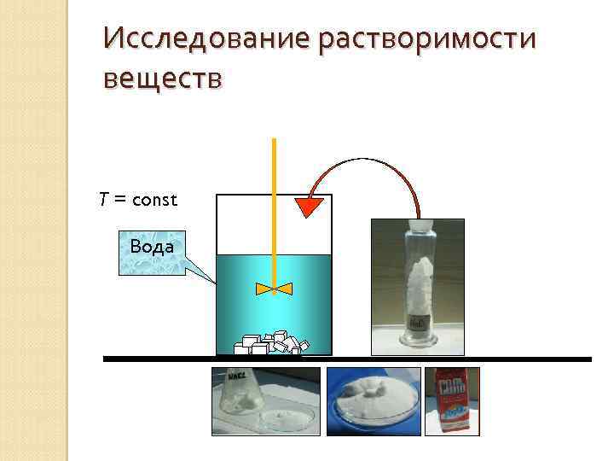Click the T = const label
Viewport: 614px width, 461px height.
pos(137,200)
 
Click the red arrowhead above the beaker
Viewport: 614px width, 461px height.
pos(311,207)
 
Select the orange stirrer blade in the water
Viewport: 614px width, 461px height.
pos(274,289)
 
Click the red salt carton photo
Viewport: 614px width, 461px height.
pos(452,399)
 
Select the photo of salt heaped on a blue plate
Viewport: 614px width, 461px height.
pos(373,400)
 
